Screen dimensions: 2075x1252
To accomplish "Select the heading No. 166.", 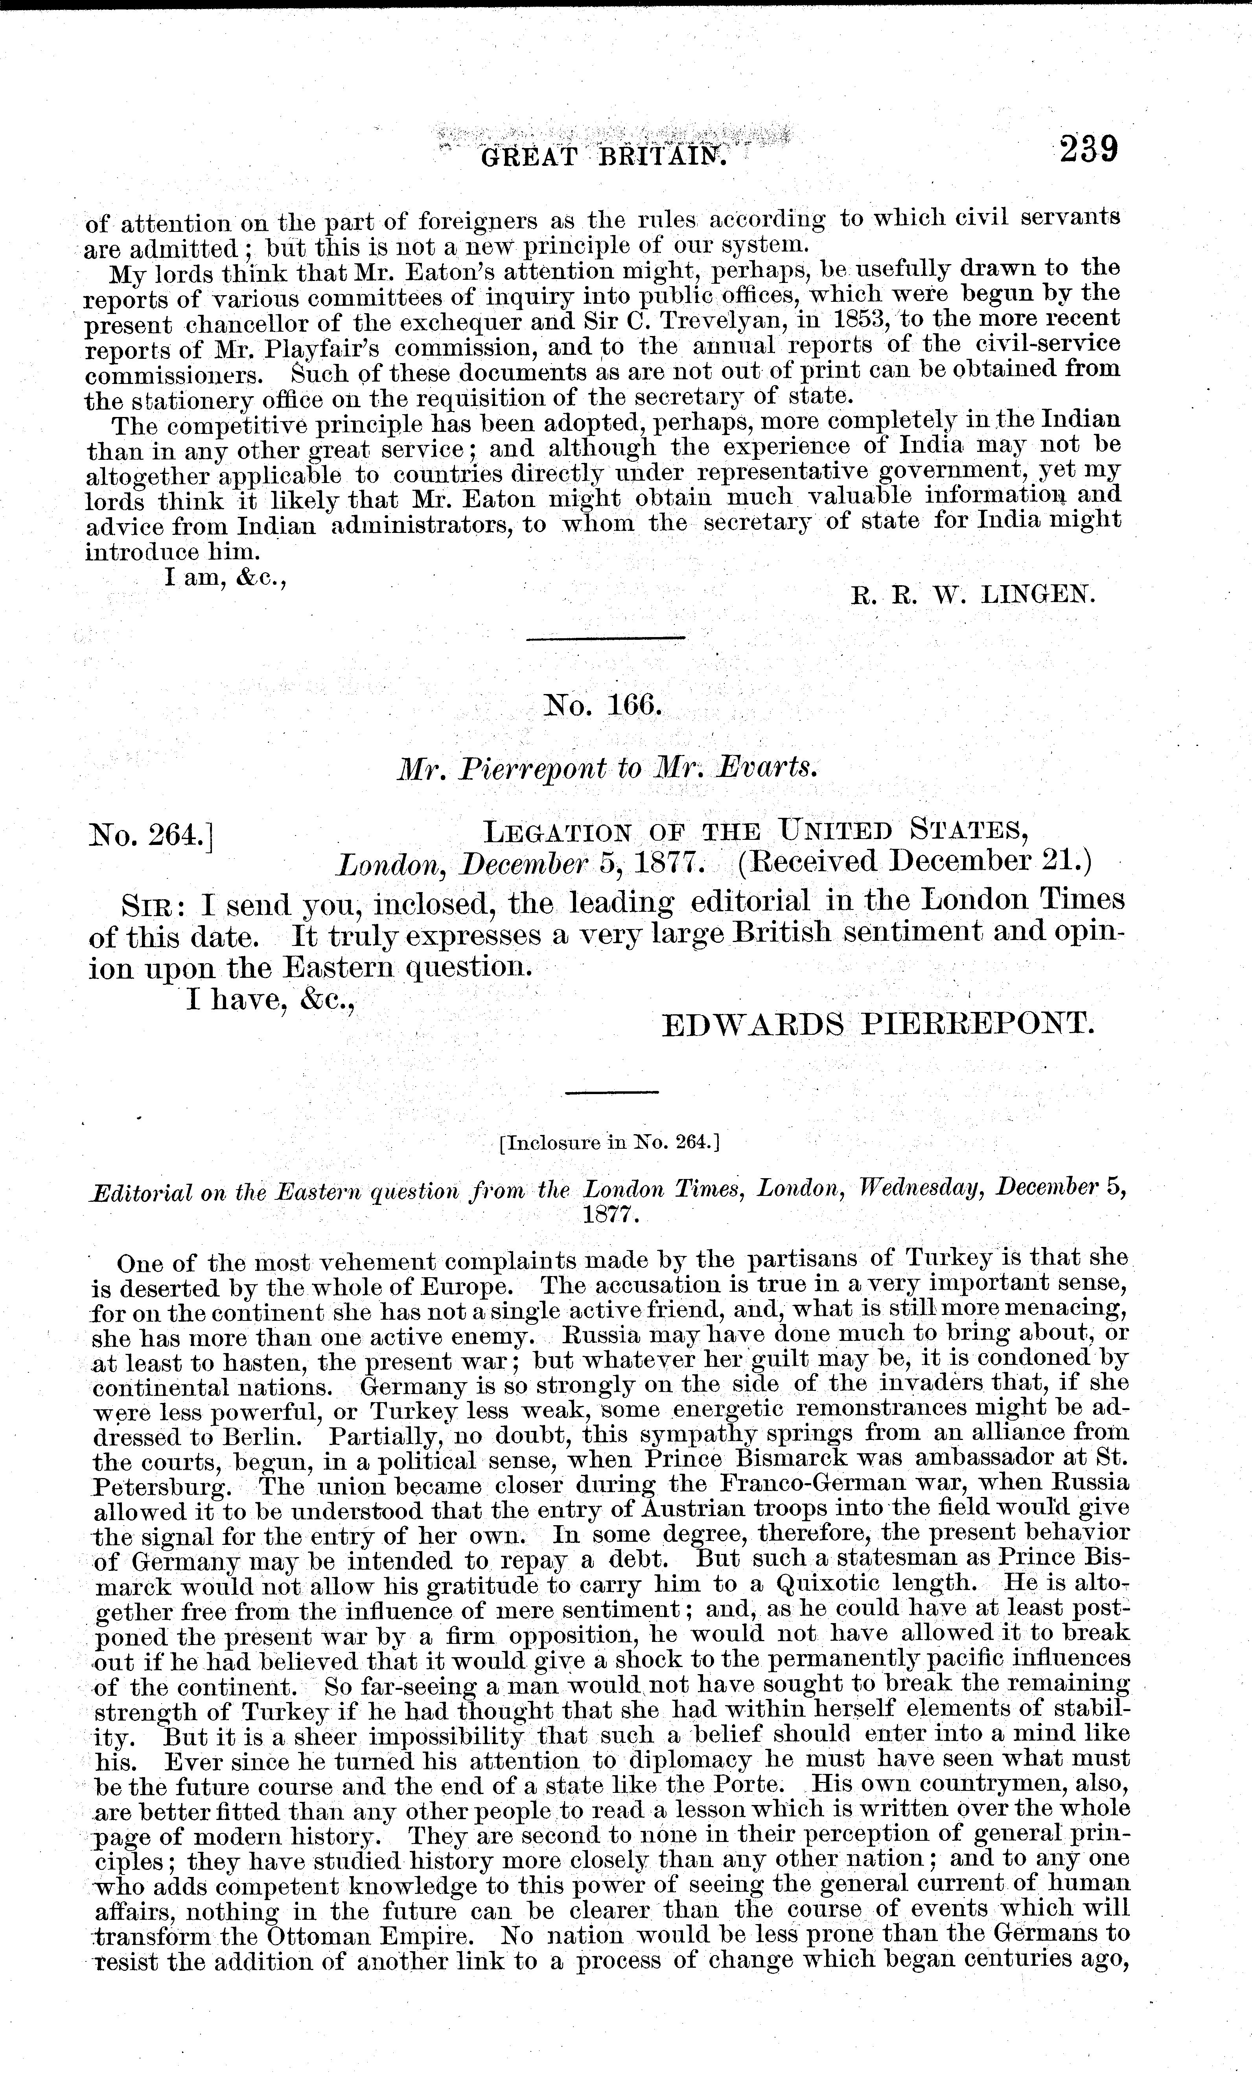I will (x=603, y=704).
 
